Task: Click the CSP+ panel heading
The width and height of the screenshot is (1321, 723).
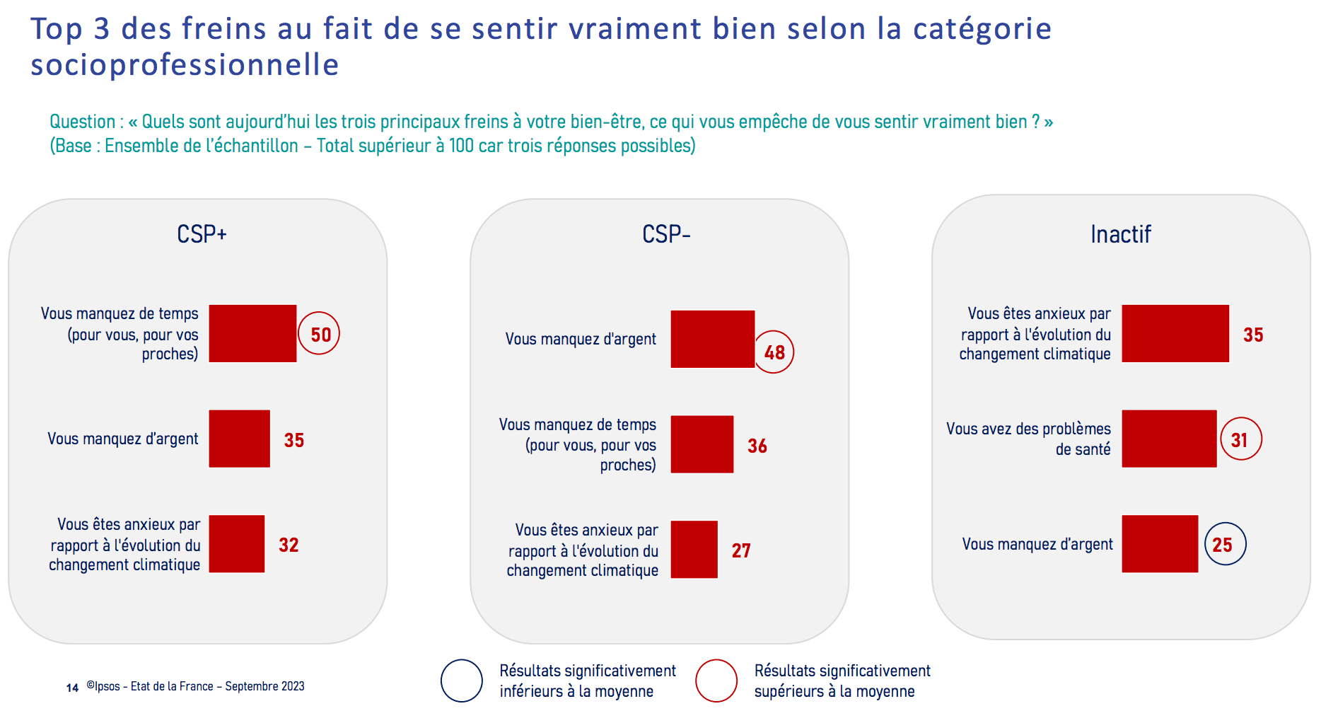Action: coord(202,234)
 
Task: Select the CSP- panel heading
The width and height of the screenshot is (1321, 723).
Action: coord(666,234)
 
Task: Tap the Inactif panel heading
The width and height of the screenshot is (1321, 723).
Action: coord(1121,234)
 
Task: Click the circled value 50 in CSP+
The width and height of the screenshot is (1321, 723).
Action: coord(319,333)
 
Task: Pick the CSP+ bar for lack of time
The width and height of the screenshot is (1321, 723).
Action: coord(252,333)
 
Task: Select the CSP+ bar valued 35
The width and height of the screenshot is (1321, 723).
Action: coord(240,439)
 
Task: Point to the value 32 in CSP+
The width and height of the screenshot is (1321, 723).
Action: coord(289,545)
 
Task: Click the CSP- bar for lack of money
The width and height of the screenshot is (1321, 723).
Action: coord(713,339)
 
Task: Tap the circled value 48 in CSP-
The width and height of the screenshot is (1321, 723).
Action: coord(774,352)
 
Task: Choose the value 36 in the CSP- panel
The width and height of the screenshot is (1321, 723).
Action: coord(757,446)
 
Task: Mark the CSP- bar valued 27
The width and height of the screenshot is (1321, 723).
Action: coord(694,550)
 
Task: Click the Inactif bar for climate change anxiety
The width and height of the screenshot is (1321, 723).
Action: coord(1175,333)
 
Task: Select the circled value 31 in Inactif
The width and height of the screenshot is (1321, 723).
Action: coord(1240,439)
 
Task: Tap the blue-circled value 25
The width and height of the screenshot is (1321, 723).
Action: coord(1225,544)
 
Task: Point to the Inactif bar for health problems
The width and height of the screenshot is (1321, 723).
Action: coord(1170,439)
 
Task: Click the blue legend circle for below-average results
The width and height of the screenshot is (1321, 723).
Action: coord(462,660)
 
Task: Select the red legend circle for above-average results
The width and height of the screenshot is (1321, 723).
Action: coord(716,660)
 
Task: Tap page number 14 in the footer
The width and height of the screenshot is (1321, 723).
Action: coord(72,688)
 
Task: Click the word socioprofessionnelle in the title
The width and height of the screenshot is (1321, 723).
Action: coord(185,64)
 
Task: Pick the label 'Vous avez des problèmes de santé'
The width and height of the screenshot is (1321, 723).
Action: coord(1028,439)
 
